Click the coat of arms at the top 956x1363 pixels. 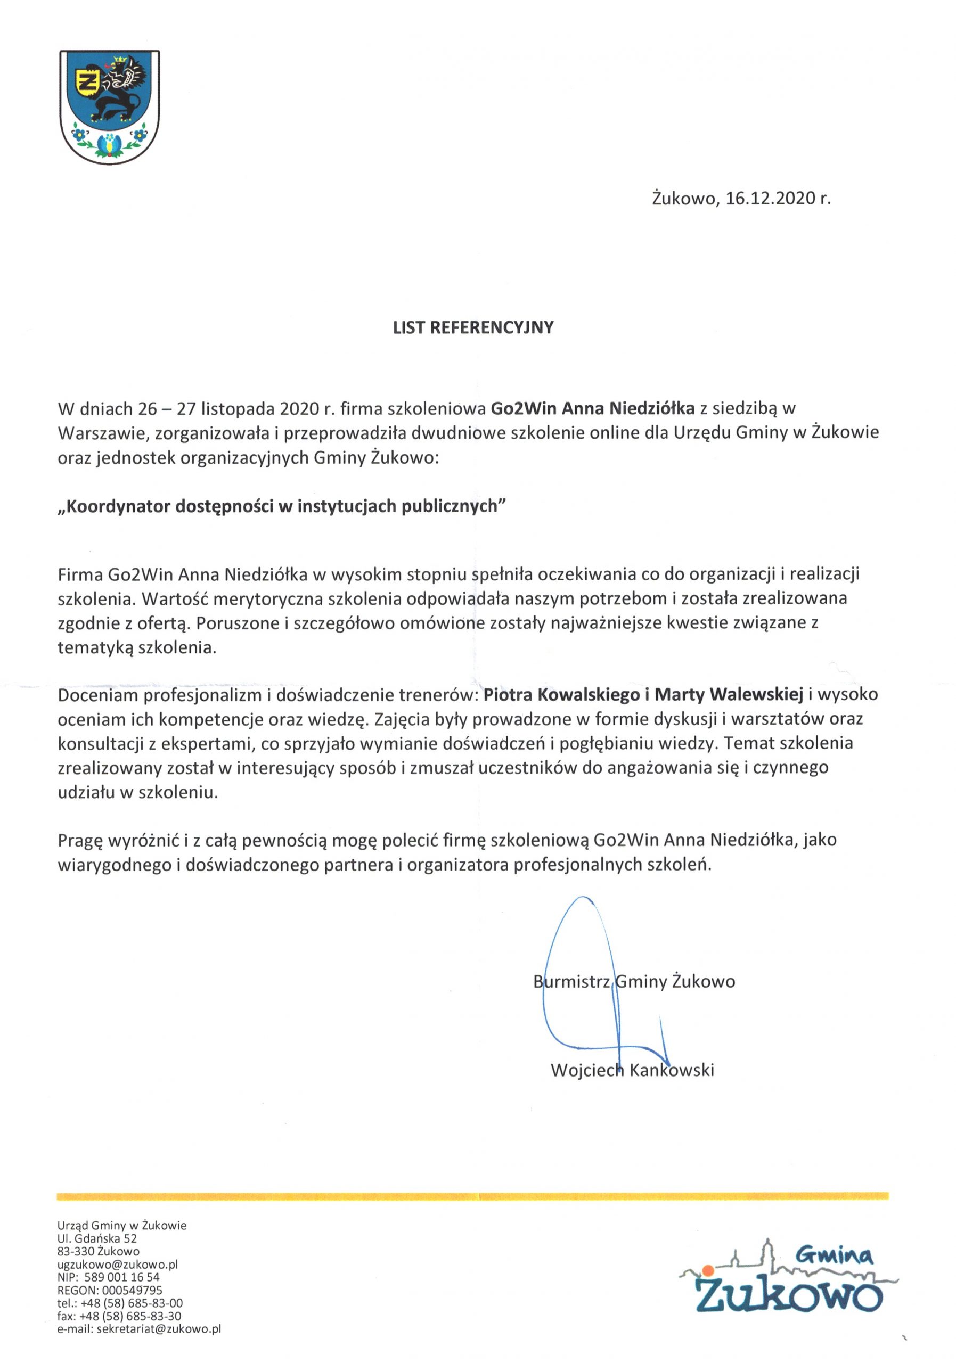pos(110,108)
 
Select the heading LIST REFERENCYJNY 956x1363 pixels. pos(473,327)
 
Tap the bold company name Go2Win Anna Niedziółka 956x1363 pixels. pos(593,408)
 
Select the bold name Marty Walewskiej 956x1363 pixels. pos(729,695)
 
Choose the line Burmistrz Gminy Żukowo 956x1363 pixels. pos(634,981)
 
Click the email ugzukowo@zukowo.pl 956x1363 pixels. pos(118,1265)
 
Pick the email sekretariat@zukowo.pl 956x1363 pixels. pos(159,1329)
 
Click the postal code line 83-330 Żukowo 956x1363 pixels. pos(99,1251)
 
